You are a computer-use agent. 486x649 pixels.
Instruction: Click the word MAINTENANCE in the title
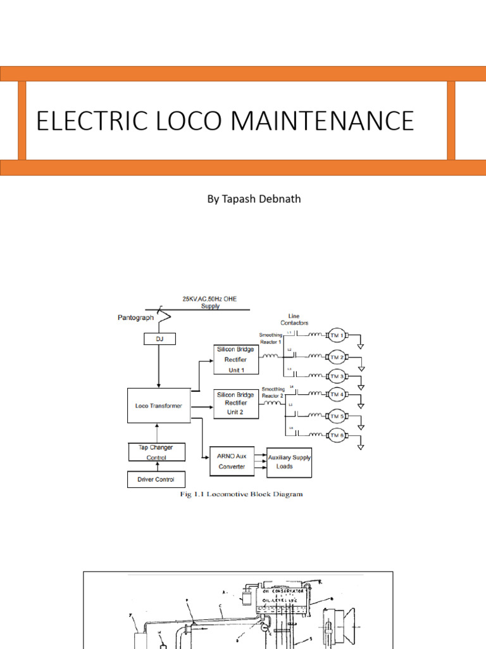(327, 120)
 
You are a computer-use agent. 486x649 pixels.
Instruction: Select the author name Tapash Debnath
(254, 199)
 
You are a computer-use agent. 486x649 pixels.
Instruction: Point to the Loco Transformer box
(159, 406)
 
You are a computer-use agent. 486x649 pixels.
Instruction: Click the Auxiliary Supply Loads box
(289, 461)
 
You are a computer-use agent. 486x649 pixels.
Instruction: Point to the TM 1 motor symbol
(335, 336)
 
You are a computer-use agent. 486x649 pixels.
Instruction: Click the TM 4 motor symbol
(336, 394)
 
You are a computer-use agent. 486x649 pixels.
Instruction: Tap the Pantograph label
(135, 318)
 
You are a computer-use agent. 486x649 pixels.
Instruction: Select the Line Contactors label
(294, 319)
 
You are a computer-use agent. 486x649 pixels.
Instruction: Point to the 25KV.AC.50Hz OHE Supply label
(210, 302)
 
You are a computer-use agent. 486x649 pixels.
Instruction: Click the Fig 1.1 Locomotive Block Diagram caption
(241, 494)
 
